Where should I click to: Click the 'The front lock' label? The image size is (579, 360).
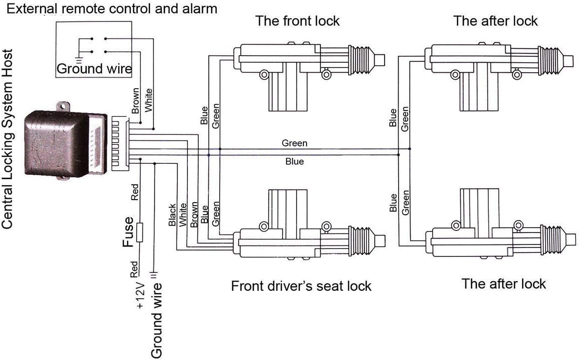(297, 21)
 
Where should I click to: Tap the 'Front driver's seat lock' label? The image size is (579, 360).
(301, 286)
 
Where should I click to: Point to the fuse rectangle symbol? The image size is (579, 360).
(140, 233)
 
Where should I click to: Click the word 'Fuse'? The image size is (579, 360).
(127, 233)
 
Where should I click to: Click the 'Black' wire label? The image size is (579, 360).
(172, 215)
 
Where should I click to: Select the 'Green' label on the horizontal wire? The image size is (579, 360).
(294, 143)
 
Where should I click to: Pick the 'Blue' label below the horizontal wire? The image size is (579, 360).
(294, 161)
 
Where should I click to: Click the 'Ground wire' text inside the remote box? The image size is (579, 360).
(94, 69)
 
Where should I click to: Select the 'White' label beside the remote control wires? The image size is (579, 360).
(148, 100)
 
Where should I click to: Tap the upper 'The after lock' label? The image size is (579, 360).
(495, 21)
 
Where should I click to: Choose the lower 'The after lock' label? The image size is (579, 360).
(503, 284)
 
